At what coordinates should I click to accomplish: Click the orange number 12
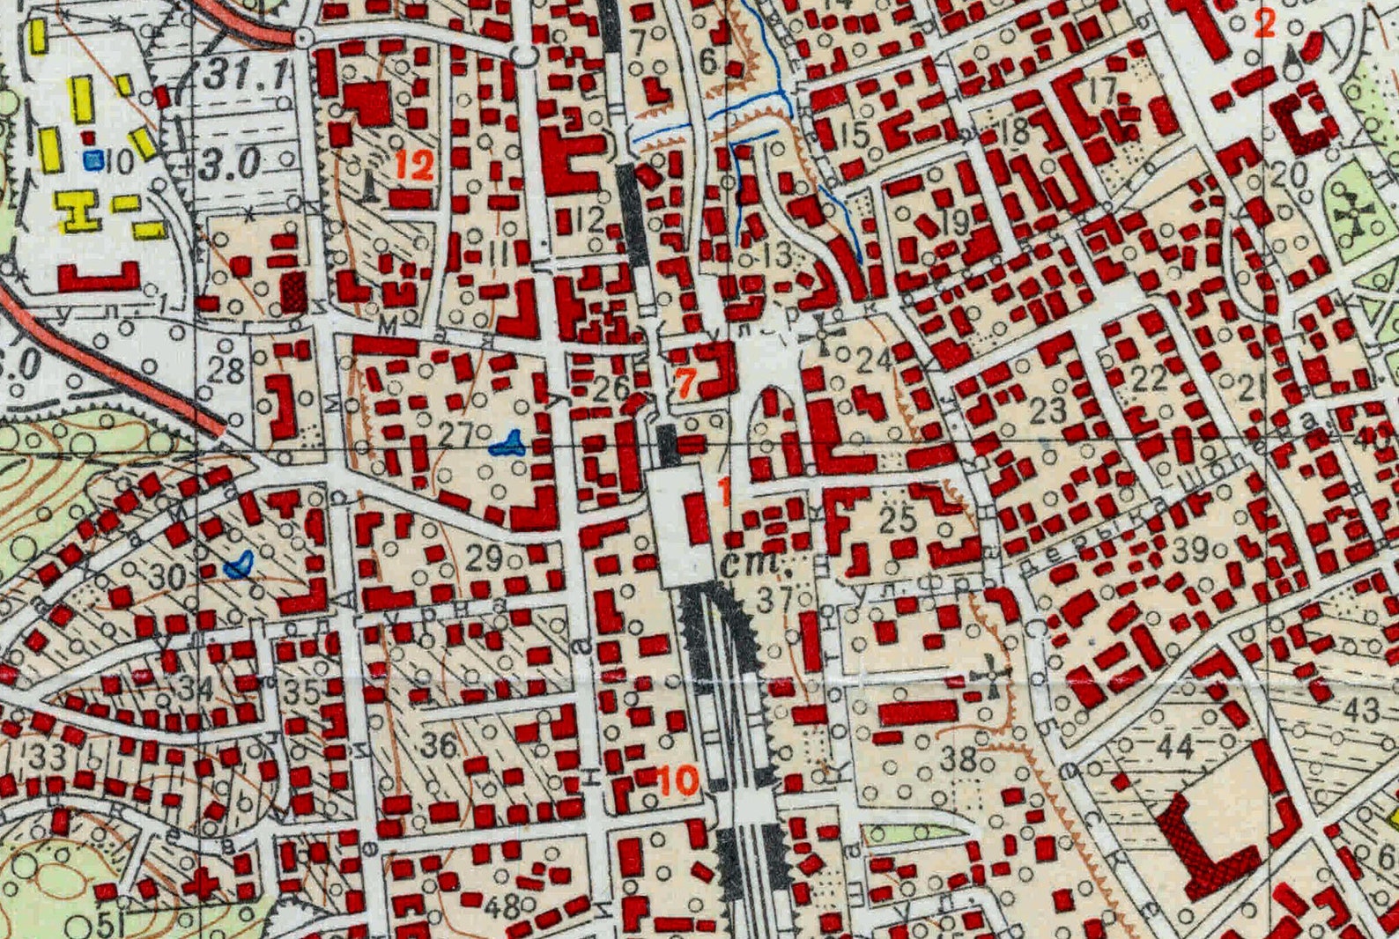pyautogui.click(x=414, y=165)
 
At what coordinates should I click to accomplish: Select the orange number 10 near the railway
pyautogui.click(x=678, y=780)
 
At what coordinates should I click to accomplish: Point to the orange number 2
pyautogui.click(x=1264, y=23)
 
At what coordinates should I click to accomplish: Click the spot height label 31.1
pyautogui.click(x=246, y=76)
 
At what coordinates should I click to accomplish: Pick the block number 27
pyautogui.click(x=456, y=433)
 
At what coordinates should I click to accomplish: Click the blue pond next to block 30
pyautogui.click(x=239, y=564)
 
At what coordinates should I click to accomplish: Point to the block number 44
pyautogui.click(x=1175, y=747)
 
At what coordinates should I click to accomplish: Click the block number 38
pyautogui.click(x=959, y=757)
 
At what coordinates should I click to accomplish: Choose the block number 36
pyautogui.click(x=439, y=745)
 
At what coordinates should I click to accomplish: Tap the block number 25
pyautogui.click(x=898, y=519)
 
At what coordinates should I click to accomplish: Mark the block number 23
pyautogui.click(x=1047, y=409)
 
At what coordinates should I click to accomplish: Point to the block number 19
pyautogui.click(x=955, y=220)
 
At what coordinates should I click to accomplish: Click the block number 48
pyautogui.click(x=501, y=906)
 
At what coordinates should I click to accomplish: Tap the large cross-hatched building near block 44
pyautogui.click(x=1202, y=839)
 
